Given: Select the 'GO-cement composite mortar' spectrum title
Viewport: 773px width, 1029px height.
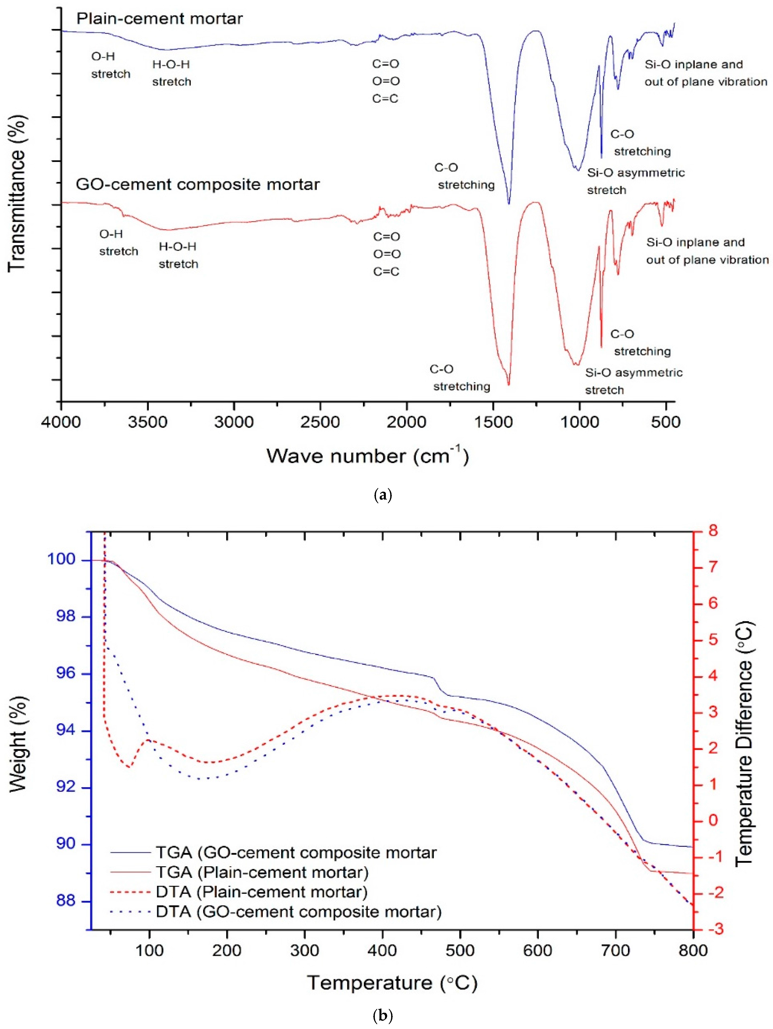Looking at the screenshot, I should click(x=198, y=185).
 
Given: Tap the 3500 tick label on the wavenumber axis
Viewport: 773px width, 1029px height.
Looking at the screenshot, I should click(x=148, y=422).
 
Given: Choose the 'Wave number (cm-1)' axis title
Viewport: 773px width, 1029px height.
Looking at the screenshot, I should click(x=367, y=456).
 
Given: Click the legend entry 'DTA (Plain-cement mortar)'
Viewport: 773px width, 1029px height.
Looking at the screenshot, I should click(x=261, y=892).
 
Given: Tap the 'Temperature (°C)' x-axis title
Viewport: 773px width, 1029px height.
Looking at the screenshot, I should click(x=392, y=983).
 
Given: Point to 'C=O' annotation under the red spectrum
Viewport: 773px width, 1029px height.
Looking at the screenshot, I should click(x=386, y=237).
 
